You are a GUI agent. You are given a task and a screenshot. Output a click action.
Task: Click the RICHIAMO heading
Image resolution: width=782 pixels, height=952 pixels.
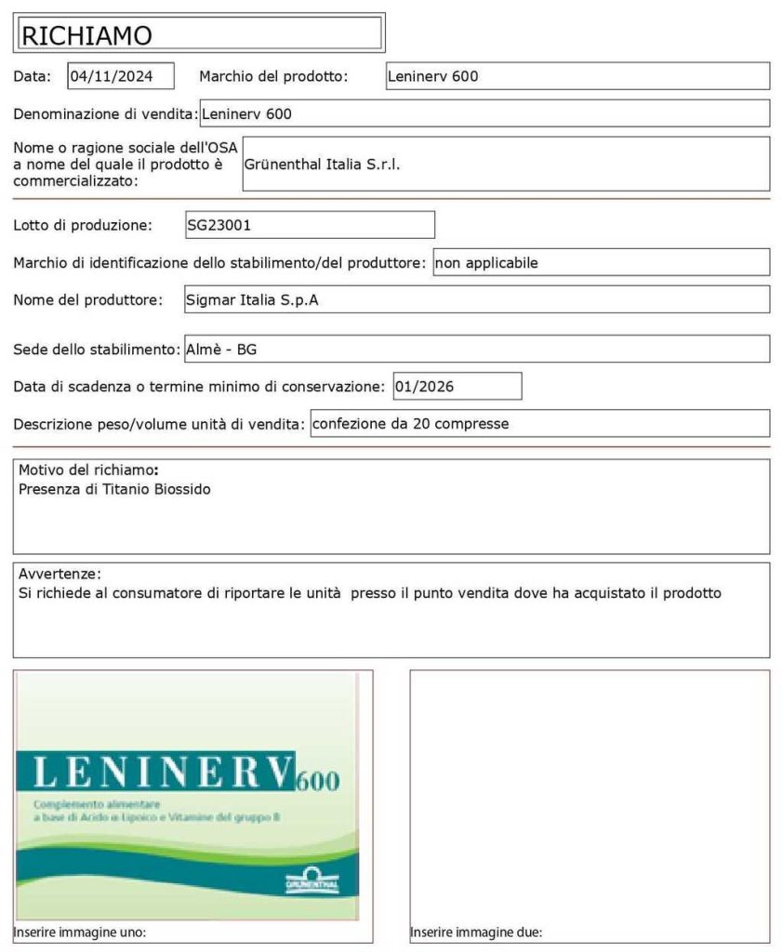click(86, 35)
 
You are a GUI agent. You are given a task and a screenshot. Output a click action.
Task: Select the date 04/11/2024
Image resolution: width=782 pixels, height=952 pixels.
click(110, 76)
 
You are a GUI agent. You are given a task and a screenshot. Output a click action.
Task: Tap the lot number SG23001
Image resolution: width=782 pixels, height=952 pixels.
click(219, 225)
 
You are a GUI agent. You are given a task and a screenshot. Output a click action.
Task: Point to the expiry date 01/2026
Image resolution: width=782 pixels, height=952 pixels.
click(424, 386)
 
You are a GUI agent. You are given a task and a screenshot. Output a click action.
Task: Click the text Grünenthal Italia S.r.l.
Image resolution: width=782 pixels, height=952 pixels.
click(322, 164)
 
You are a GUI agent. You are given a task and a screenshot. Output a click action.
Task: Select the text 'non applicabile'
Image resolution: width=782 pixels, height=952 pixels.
click(486, 263)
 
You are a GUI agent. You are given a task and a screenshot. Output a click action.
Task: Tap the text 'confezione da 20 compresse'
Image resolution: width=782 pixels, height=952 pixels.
click(411, 424)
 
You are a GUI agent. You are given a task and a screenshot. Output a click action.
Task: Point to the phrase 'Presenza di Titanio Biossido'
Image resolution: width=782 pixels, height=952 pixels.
click(114, 489)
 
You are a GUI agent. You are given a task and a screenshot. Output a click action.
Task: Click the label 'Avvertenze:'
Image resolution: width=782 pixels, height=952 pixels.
click(60, 573)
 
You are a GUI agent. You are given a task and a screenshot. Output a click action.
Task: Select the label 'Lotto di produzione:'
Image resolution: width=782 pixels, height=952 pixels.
click(82, 225)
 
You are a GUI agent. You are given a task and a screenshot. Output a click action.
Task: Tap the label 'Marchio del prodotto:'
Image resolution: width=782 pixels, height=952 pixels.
click(273, 76)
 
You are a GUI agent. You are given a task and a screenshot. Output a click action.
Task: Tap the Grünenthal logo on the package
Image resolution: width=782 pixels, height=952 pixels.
click(312, 879)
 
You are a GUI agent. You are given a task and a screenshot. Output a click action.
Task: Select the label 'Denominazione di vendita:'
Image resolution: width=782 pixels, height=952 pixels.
click(105, 114)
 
